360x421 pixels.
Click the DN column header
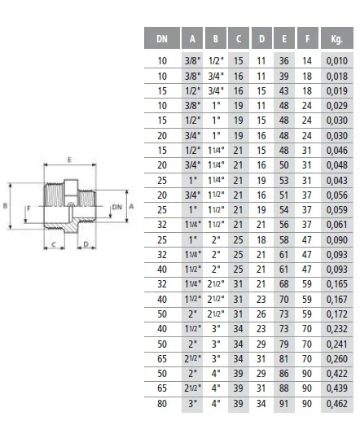pyautogui.click(x=162, y=38)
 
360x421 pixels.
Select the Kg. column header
pyautogui.click(x=336, y=38)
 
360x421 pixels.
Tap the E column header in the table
pyautogui.click(x=284, y=38)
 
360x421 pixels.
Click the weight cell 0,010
pyautogui.click(x=337, y=61)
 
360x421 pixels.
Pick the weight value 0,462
pyautogui.click(x=337, y=403)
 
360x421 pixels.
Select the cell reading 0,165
pyautogui.click(x=337, y=284)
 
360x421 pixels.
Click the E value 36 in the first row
pyautogui.click(x=284, y=61)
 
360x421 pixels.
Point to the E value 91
pyautogui.click(x=284, y=403)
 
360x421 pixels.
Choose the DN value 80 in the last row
pyautogui.click(x=162, y=403)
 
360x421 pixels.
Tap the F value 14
pyautogui.click(x=307, y=61)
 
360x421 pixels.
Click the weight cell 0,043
pyautogui.click(x=337, y=180)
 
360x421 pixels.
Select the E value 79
pyautogui.click(x=284, y=344)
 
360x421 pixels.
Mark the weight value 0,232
pyautogui.click(x=337, y=329)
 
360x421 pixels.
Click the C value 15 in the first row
pyautogui.click(x=239, y=61)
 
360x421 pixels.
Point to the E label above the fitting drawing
pyautogui.click(x=69, y=160)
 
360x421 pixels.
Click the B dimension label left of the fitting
pyautogui.click(x=5, y=206)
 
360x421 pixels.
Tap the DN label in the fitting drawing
pyautogui.click(x=117, y=207)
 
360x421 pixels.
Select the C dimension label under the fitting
pyautogui.click(x=54, y=244)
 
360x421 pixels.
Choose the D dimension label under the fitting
pyautogui.click(x=86, y=244)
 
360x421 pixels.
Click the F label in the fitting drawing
pyautogui.click(x=29, y=208)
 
